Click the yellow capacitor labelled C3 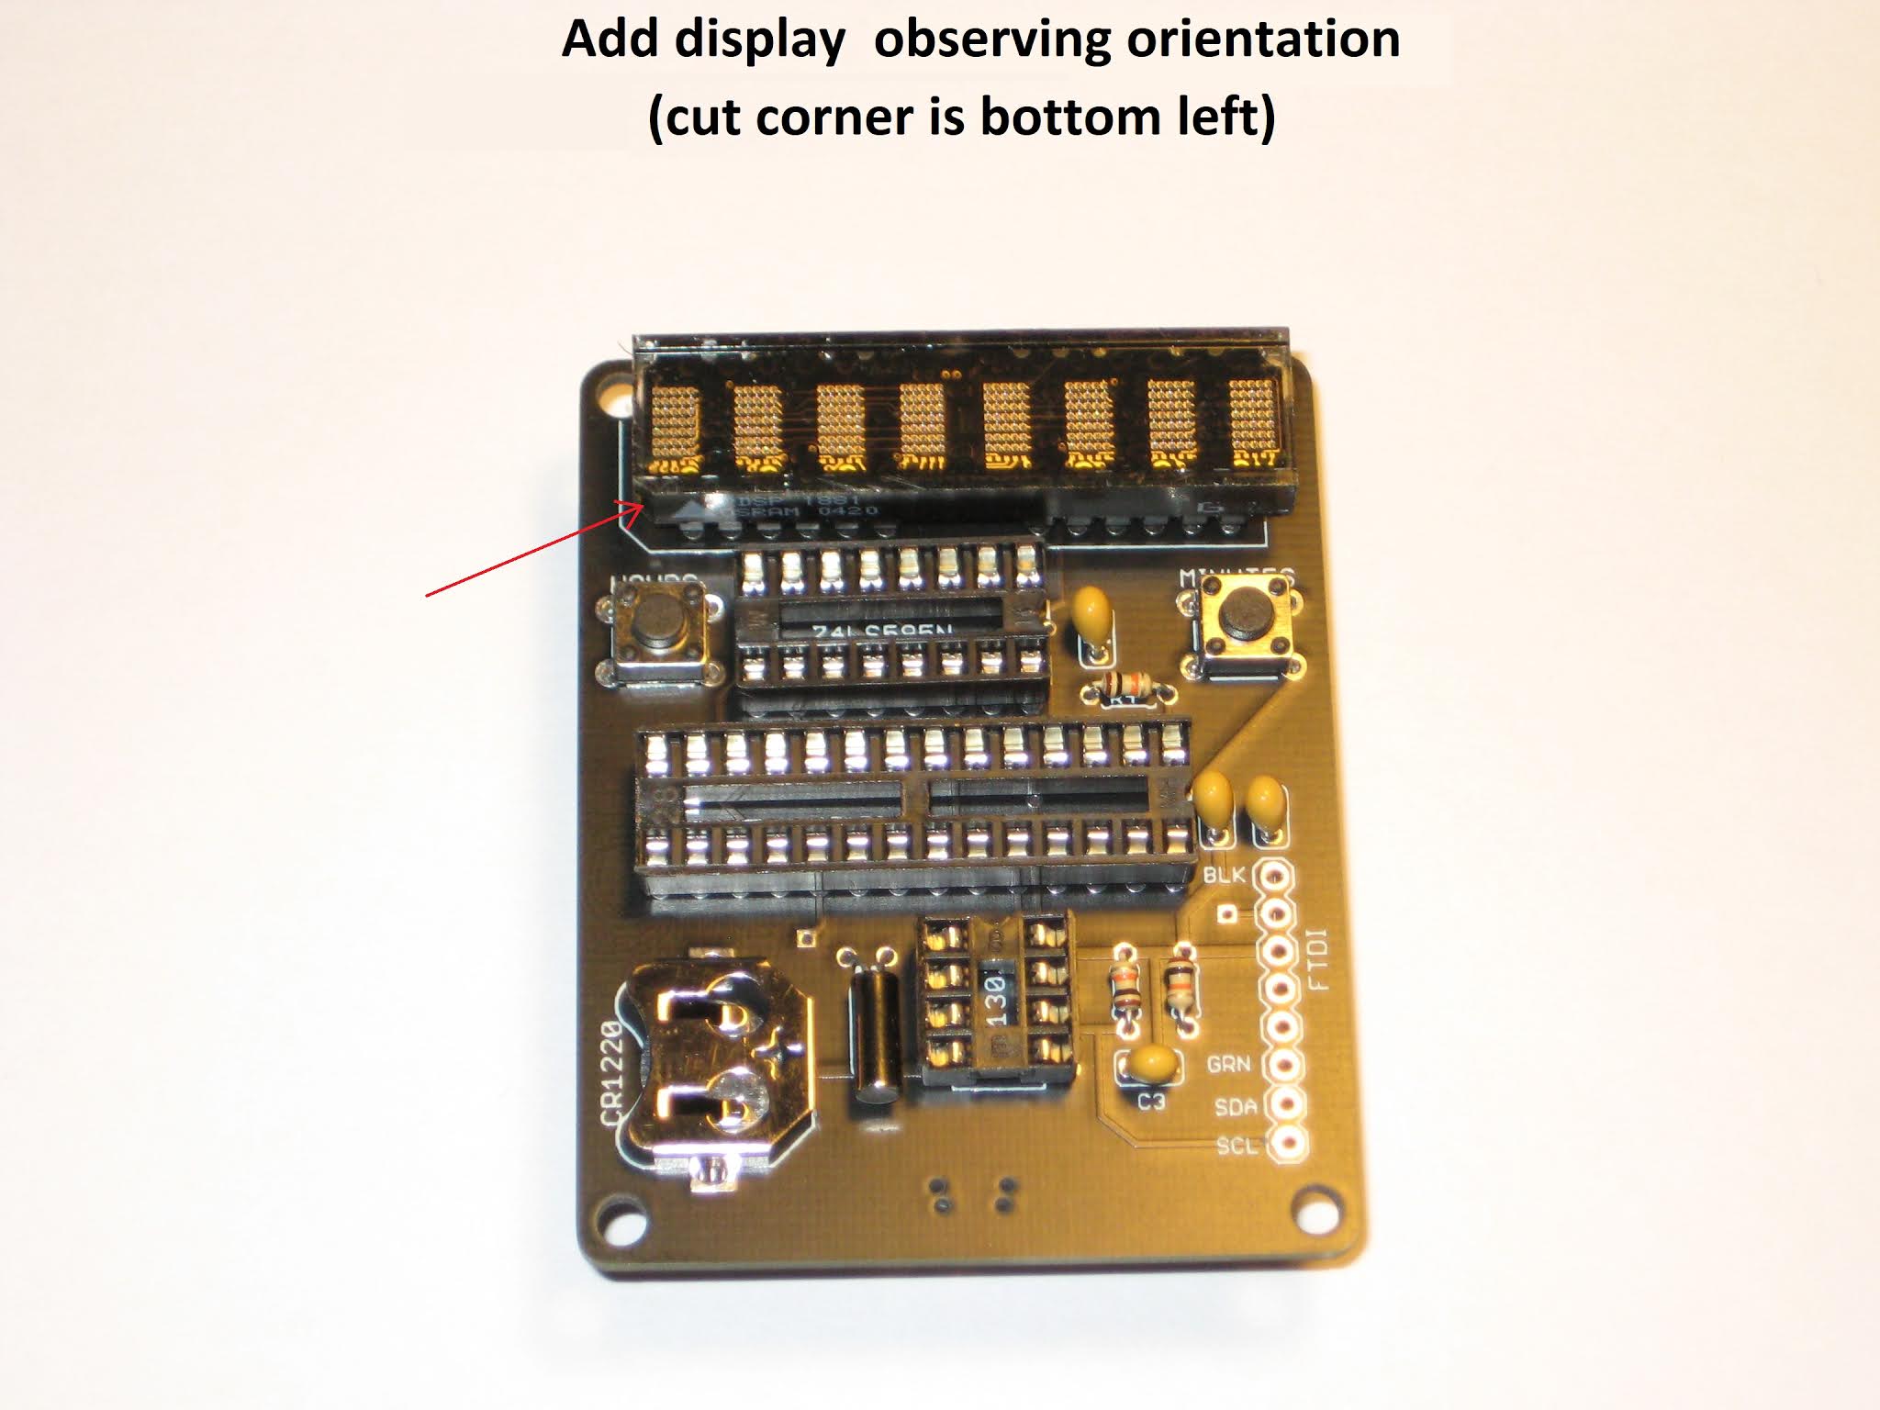pos(1148,1065)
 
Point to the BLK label pos(1224,875)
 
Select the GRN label pos(1227,1064)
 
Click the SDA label pos(1234,1107)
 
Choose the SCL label pos(1236,1146)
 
